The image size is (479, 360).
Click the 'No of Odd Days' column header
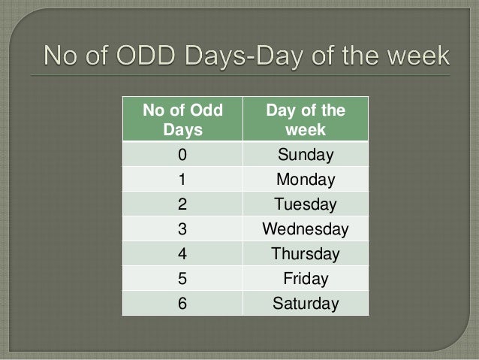182,120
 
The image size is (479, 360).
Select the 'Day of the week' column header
305,120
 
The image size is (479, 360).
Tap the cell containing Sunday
305,156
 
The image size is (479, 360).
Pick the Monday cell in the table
305,180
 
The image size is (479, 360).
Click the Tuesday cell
305,205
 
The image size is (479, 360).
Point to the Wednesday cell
305,230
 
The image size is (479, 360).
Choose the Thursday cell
305,255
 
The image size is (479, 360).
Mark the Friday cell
305,280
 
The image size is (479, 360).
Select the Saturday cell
305,304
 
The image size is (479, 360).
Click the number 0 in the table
182,156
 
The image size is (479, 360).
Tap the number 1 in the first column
182,180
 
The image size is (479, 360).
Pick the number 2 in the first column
182,205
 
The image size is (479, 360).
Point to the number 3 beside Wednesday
182,230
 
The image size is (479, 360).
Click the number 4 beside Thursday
182,255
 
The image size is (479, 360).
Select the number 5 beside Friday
182,280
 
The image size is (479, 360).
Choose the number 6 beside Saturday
182,304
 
